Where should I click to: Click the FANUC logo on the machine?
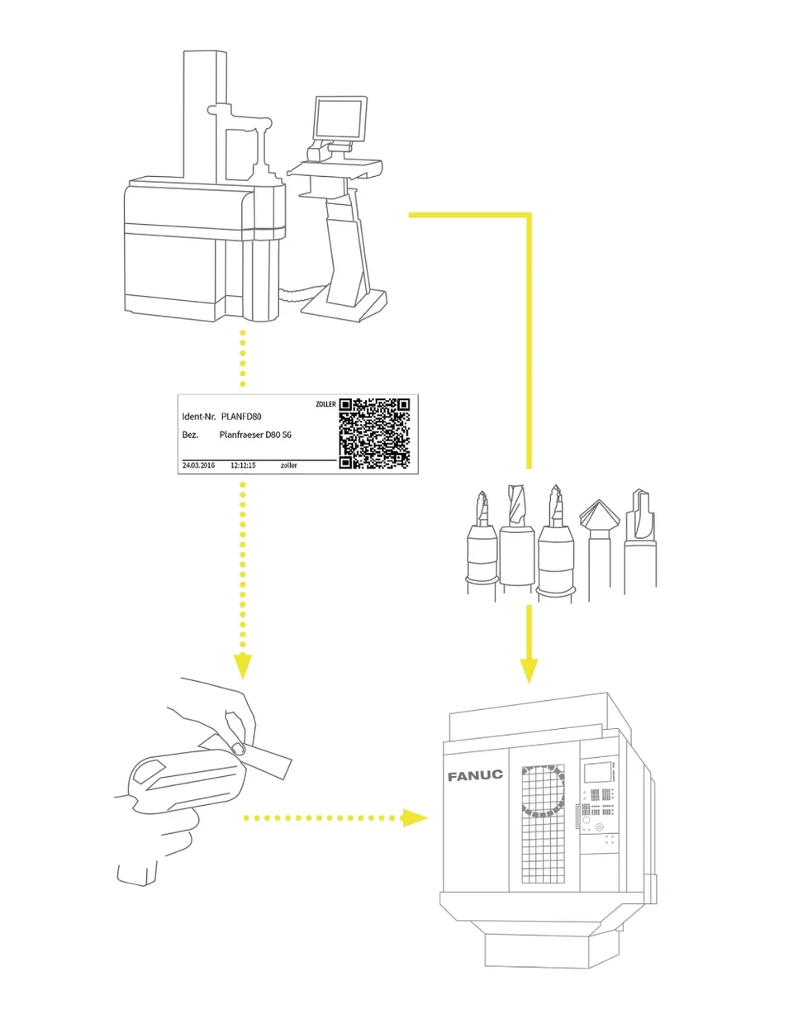click(475, 775)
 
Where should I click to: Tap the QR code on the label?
click(374, 434)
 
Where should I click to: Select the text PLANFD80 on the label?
click(241, 417)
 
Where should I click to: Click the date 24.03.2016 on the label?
click(198, 465)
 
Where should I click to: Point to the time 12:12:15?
click(243, 465)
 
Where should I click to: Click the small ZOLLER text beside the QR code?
click(325, 404)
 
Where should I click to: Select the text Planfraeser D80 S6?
click(255, 435)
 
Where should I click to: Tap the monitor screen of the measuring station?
click(339, 117)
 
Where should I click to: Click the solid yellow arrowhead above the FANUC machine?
click(529, 669)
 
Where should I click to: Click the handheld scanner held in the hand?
click(182, 785)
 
